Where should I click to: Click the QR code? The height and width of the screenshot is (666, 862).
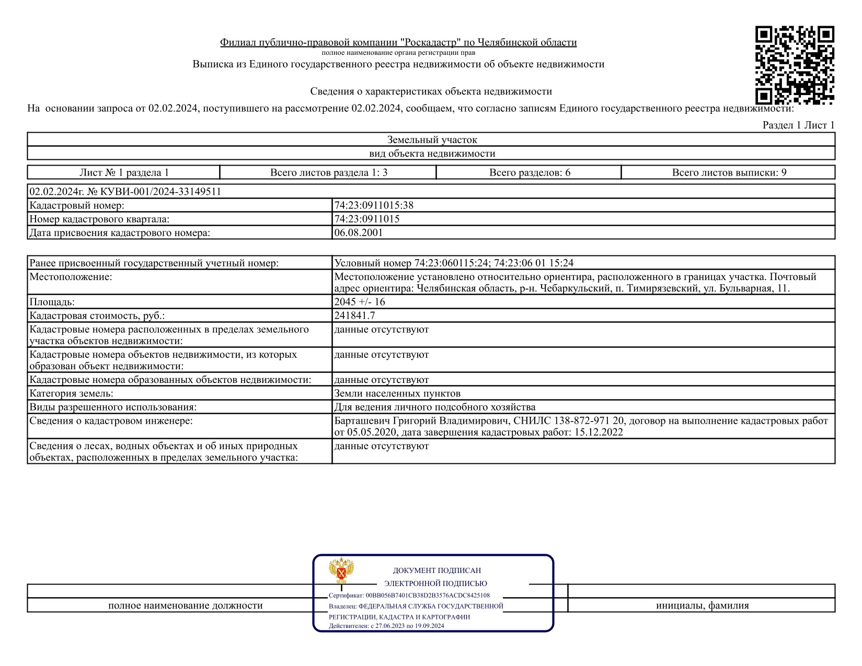tap(794, 65)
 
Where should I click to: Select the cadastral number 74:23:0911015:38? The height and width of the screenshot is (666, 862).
tap(374, 205)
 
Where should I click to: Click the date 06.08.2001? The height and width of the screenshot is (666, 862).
tap(359, 232)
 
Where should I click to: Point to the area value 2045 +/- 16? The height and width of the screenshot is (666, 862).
tap(360, 302)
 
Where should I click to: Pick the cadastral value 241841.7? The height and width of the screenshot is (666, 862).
tap(354, 316)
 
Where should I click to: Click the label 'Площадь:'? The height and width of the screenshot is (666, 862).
tap(52, 302)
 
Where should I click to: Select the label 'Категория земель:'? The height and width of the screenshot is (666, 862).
tap(71, 393)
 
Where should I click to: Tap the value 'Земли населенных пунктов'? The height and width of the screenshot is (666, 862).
tap(397, 393)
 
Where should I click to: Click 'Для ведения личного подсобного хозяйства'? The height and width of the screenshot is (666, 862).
tap(435, 407)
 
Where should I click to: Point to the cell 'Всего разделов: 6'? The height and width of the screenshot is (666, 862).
tap(530, 172)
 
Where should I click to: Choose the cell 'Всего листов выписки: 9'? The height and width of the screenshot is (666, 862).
tap(729, 172)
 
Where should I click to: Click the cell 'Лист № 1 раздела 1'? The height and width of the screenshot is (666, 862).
tap(124, 172)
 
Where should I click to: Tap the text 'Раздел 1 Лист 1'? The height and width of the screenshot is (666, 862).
tap(798, 125)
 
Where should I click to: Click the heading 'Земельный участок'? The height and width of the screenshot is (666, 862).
tap(432, 139)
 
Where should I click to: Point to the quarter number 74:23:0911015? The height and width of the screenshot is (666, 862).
tap(367, 219)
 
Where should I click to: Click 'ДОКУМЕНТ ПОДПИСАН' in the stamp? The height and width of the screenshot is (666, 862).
tap(436, 570)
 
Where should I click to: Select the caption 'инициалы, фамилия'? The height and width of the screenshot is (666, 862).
tap(702, 605)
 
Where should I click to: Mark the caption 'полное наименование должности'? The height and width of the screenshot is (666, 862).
tap(185, 605)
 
